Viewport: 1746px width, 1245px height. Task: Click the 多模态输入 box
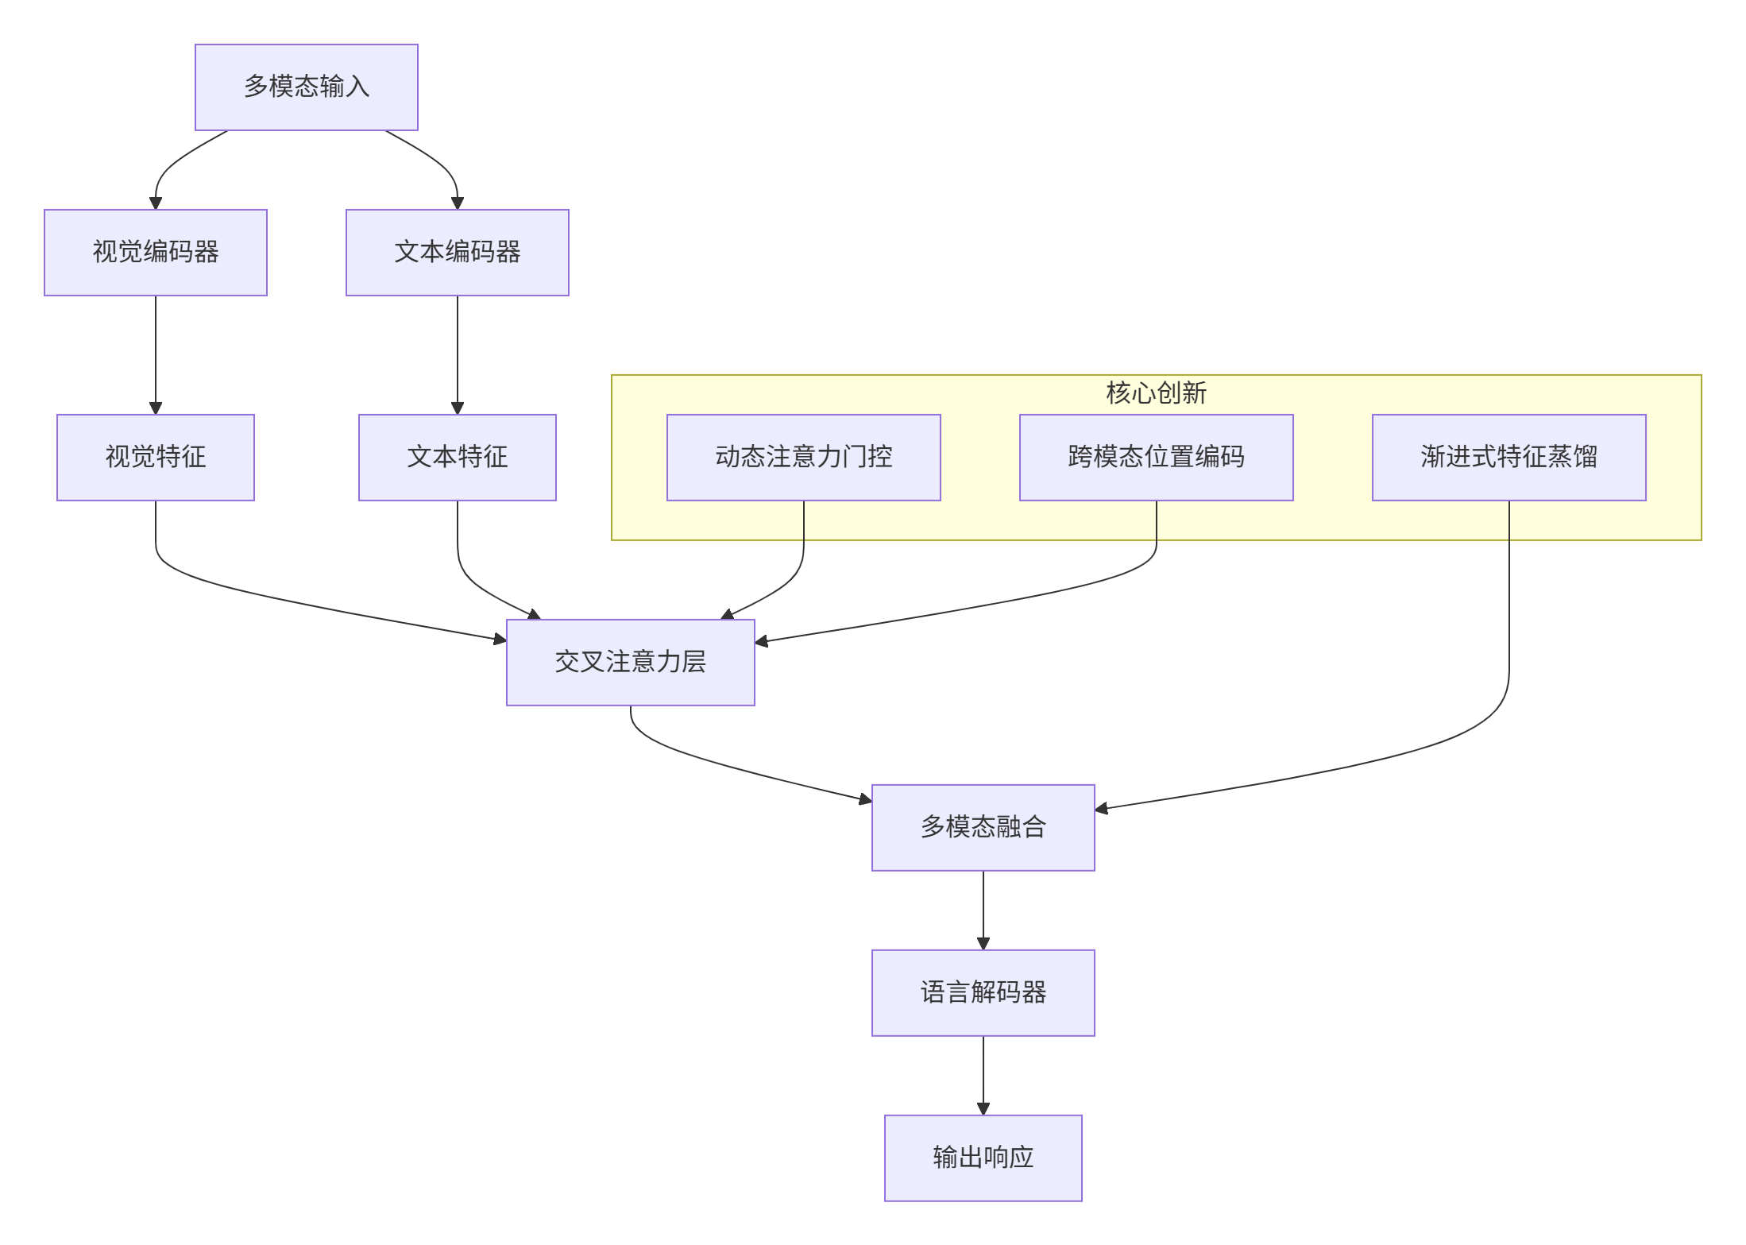click(x=306, y=87)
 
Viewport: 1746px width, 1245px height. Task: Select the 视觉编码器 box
click(x=156, y=253)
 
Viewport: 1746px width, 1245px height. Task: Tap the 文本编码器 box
click(x=457, y=253)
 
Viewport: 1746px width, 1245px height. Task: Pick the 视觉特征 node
click(x=156, y=458)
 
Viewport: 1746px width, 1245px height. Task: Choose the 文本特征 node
click(x=457, y=458)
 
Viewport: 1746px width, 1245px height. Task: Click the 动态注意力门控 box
click(x=803, y=458)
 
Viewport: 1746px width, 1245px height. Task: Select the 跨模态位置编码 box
click(x=1156, y=458)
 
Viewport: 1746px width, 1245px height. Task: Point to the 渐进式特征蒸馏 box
click(x=1508, y=458)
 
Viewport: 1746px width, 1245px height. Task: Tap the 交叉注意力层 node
click(x=630, y=663)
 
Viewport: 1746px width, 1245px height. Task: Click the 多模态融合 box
click(x=983, y=828)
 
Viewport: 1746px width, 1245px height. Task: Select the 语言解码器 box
click(x=983, y=993)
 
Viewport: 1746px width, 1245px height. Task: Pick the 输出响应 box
click(x=983, y=1158)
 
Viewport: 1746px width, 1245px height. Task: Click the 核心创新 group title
click(x=1156, y=392)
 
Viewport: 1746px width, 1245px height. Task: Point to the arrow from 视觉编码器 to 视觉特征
click(x=156, y=354)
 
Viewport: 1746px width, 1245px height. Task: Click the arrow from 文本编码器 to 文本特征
click(x=457, y=354)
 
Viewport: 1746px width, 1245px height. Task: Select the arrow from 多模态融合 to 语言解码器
click(x=983, y=910)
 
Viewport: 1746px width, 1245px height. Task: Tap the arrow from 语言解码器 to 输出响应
click(x=983, y=1075)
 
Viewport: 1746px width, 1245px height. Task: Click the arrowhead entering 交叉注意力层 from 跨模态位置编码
click(x=761, y=641)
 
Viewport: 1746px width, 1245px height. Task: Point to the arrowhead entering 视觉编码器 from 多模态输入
click(x=156, y=203)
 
